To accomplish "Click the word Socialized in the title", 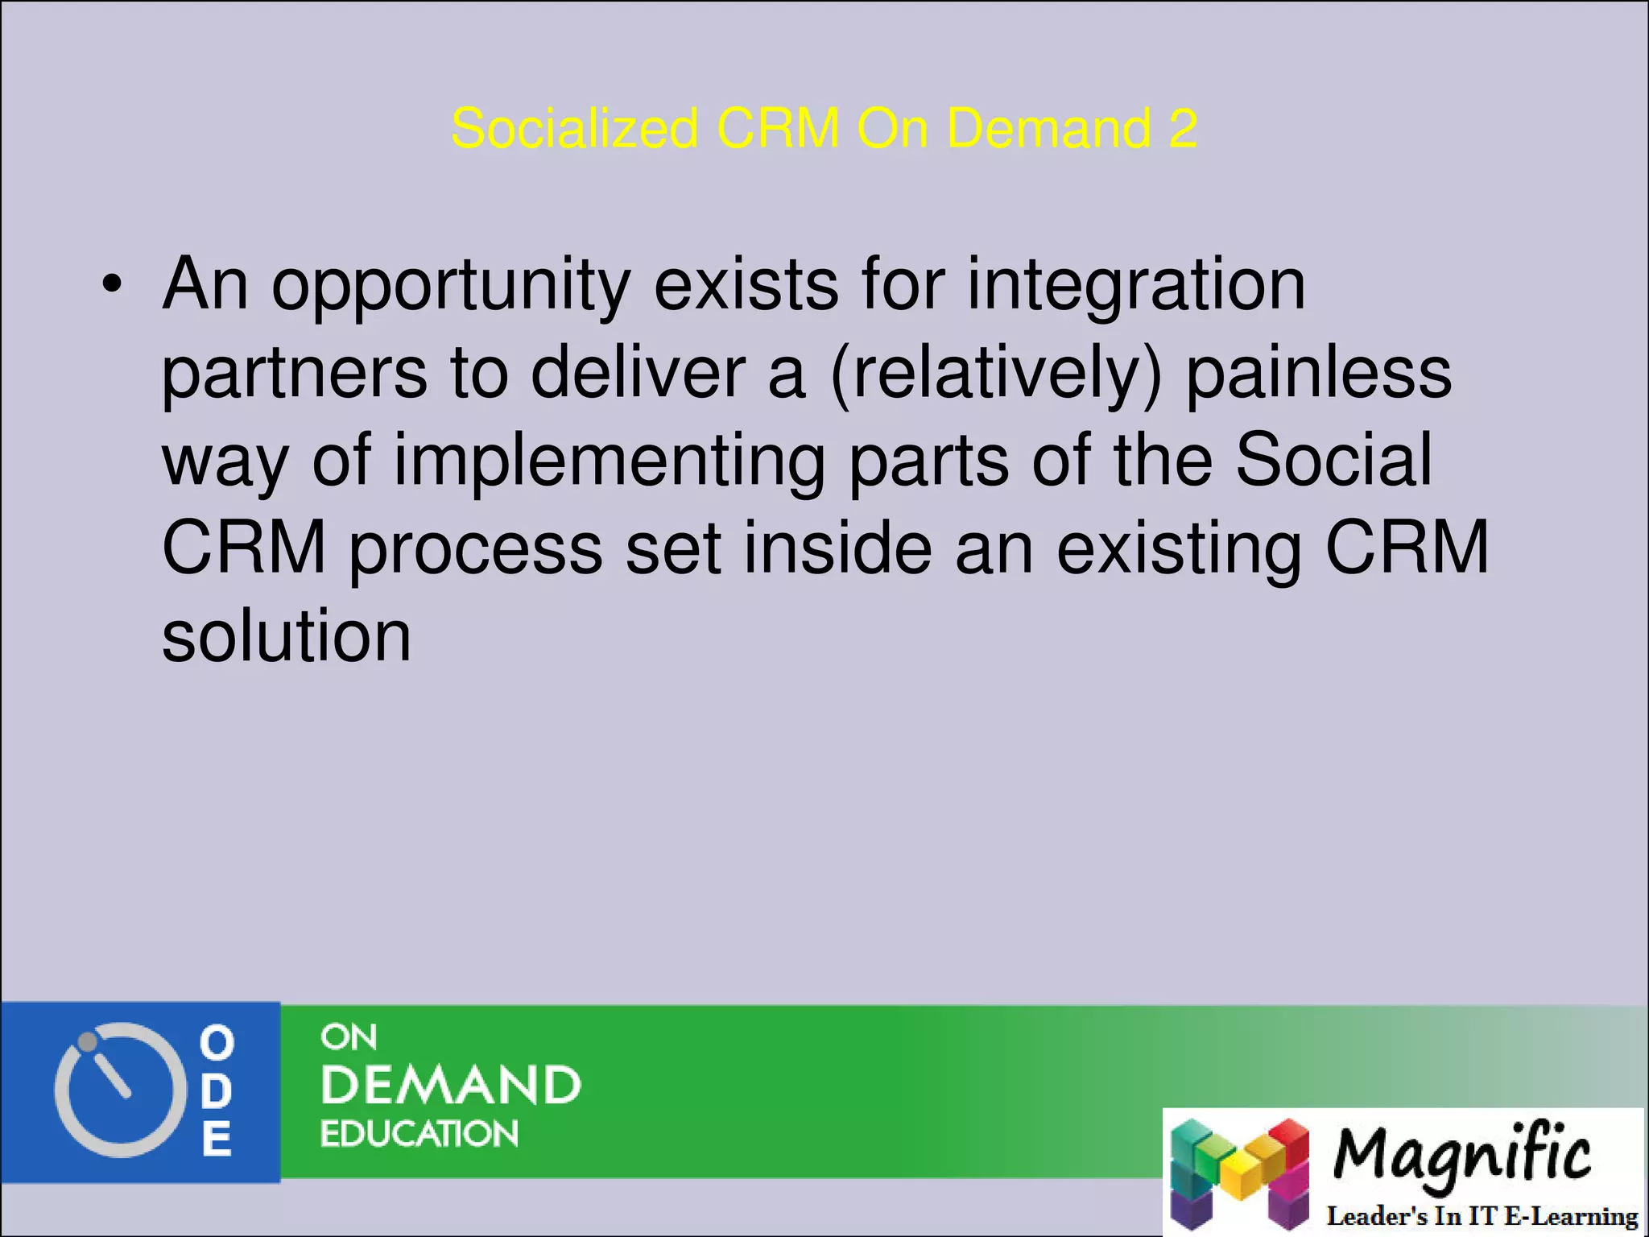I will tap(574, 129).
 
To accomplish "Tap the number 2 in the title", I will tap(1182, 129).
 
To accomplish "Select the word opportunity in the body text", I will tap(451, 287).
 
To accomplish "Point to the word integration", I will tap(1136, 287).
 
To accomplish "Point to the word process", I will tap(475, 550).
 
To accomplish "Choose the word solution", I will tap(287, 636).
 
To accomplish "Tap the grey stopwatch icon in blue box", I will tap(115, 1090).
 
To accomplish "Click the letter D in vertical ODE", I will tap(217, 1091).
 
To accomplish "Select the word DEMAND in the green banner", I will tap(451, 1085).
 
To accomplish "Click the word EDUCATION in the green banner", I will tap(419, 1134).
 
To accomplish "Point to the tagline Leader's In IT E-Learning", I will tap(1482, 1216).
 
